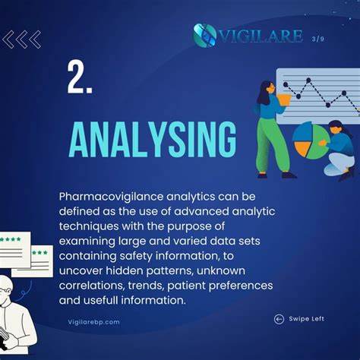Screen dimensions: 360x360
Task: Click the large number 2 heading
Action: point(79,78)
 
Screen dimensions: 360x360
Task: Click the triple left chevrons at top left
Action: point(21,39)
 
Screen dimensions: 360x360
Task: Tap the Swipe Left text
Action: point(306,319)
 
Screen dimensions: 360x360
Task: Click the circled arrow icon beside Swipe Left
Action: point(279,319)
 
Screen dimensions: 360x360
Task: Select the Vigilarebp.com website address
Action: point(94,322)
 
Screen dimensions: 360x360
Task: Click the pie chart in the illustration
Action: point(310,138)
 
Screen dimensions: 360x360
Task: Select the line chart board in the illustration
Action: point(317,94)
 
